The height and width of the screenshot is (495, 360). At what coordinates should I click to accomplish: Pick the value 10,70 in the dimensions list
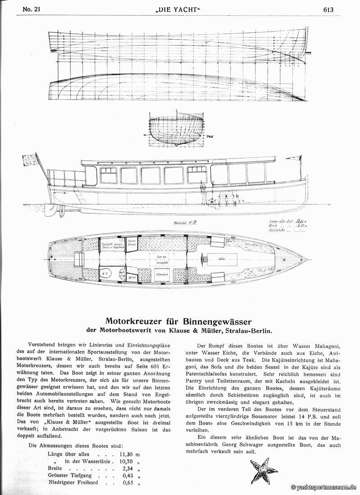(x=122, y=449)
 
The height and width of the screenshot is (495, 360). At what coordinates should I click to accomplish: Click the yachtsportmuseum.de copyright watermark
(x=324, y=487)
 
